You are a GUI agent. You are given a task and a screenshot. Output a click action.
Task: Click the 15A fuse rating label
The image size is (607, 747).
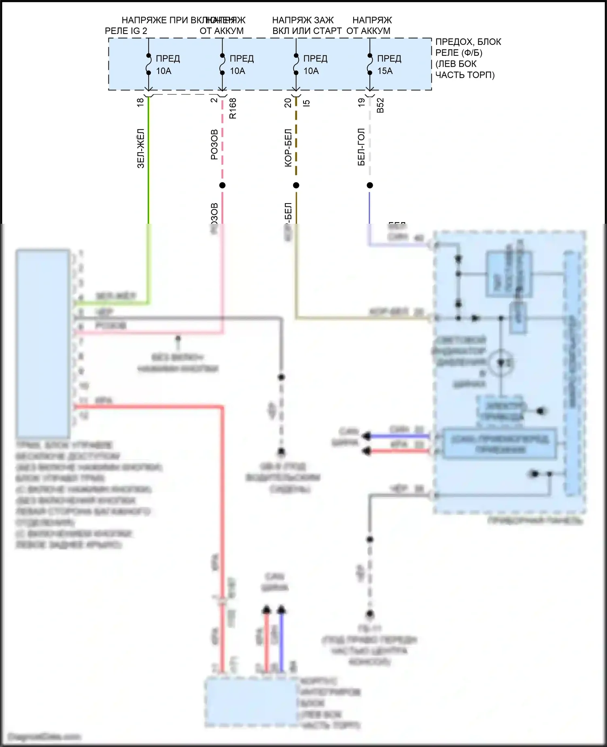point(385,71)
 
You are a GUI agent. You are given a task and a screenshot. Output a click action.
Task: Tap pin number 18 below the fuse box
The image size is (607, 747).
point(140,102)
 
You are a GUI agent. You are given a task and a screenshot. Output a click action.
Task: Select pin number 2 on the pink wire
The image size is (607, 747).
point(214,100)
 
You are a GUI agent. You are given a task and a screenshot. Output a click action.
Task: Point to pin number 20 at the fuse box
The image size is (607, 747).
point(288,103)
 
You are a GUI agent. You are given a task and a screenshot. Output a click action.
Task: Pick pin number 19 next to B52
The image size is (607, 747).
point(361,103)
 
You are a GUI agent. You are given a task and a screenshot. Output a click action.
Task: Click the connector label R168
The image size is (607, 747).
point(233,108)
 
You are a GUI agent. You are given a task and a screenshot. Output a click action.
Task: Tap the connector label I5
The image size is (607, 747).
point(306,103)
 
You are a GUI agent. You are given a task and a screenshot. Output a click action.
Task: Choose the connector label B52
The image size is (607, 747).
point(380,105)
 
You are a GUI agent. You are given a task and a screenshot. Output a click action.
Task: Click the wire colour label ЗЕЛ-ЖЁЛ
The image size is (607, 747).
point(140,148)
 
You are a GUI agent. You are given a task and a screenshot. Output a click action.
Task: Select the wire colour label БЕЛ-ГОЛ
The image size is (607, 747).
point(361,147)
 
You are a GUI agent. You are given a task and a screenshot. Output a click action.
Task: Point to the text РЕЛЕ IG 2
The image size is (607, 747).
point(126,31)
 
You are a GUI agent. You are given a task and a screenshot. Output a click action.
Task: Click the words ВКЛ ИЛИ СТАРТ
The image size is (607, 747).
point(307,31)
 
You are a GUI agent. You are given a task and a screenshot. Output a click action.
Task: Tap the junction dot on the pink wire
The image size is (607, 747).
point(222,185)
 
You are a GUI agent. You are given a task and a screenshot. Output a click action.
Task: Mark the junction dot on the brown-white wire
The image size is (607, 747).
point(296,185)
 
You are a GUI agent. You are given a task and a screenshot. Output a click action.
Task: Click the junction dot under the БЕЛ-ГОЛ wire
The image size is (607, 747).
point(370,185)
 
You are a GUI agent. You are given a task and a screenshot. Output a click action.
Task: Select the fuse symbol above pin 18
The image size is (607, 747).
point(149,64)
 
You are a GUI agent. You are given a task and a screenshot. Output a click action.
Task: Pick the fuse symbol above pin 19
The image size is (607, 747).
point(370,64)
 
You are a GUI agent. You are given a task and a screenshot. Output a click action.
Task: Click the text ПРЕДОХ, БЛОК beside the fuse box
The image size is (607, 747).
point(468,42)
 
